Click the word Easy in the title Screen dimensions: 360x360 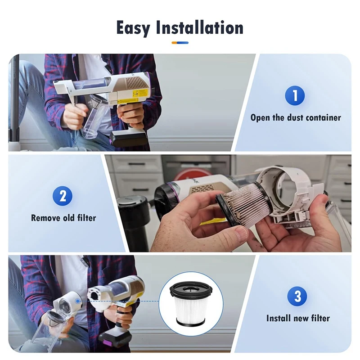tap(134, 28)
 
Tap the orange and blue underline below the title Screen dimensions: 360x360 tap(180, 43)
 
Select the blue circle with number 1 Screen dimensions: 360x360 tap(295, 95)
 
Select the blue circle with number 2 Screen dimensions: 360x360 tap(63, 196)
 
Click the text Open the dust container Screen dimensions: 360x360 tap(296, 118)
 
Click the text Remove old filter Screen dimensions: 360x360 tap(63, 218)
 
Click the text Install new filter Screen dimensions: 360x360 tap(297, 318)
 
